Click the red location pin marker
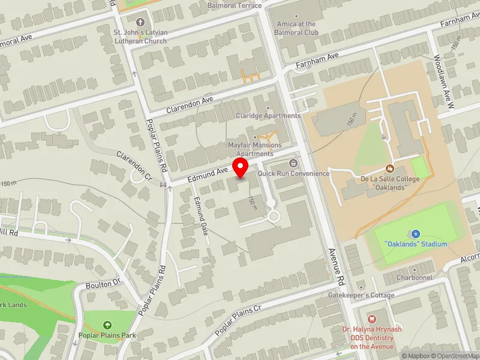click(241, 168)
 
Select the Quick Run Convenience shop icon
click(293, 163)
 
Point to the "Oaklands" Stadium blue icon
click(416, 233)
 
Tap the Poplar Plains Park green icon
click(107, 325)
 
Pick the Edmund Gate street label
click(200, 215)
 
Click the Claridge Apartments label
click(268, 116)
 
